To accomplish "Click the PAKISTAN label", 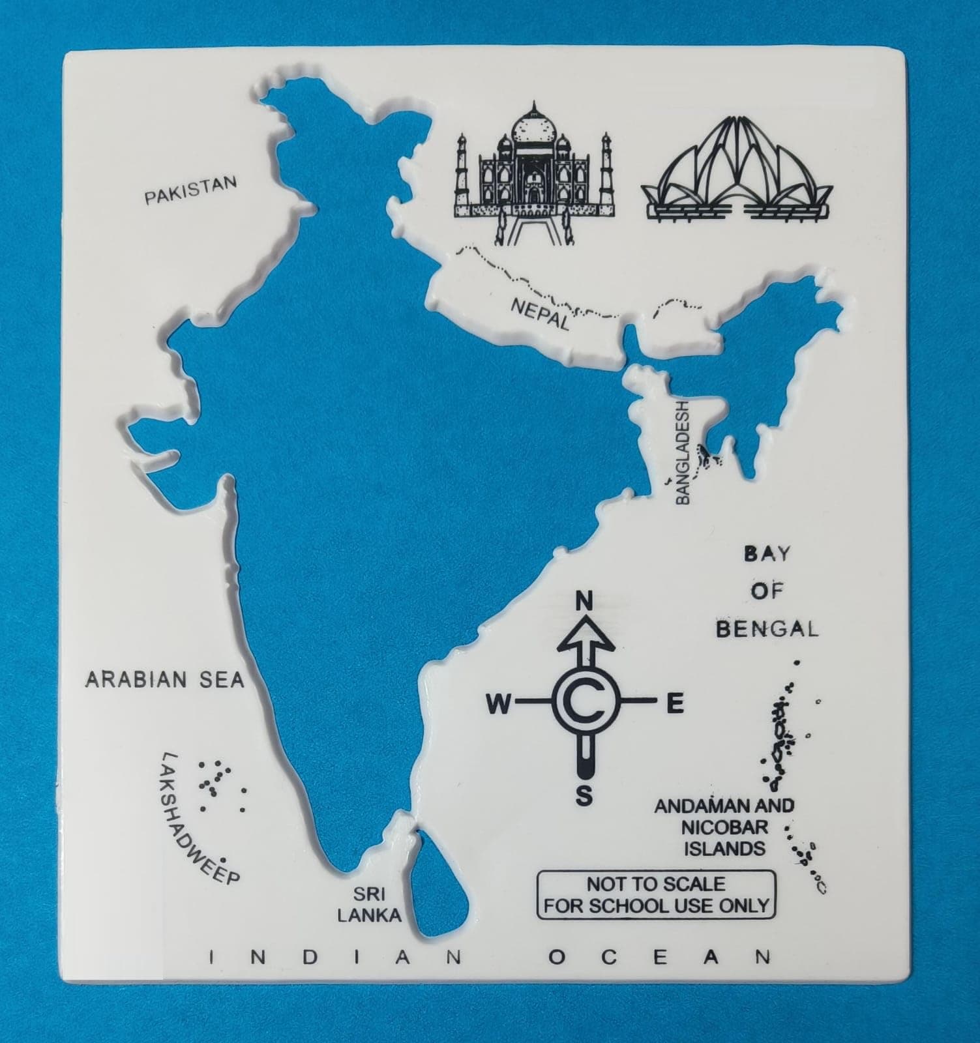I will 190,189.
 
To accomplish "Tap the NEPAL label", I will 541,314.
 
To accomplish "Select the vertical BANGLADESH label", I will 682,452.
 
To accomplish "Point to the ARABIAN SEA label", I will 164,680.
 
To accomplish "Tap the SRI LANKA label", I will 368,904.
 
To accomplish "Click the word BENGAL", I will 767,629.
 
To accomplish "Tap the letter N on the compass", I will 585,600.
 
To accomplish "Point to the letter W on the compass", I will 499,703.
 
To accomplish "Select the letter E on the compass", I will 674,703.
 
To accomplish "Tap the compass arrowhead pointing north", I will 585,635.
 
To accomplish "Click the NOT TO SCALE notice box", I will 656,895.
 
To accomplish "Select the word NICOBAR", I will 724,827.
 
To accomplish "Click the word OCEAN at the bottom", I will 660,957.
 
